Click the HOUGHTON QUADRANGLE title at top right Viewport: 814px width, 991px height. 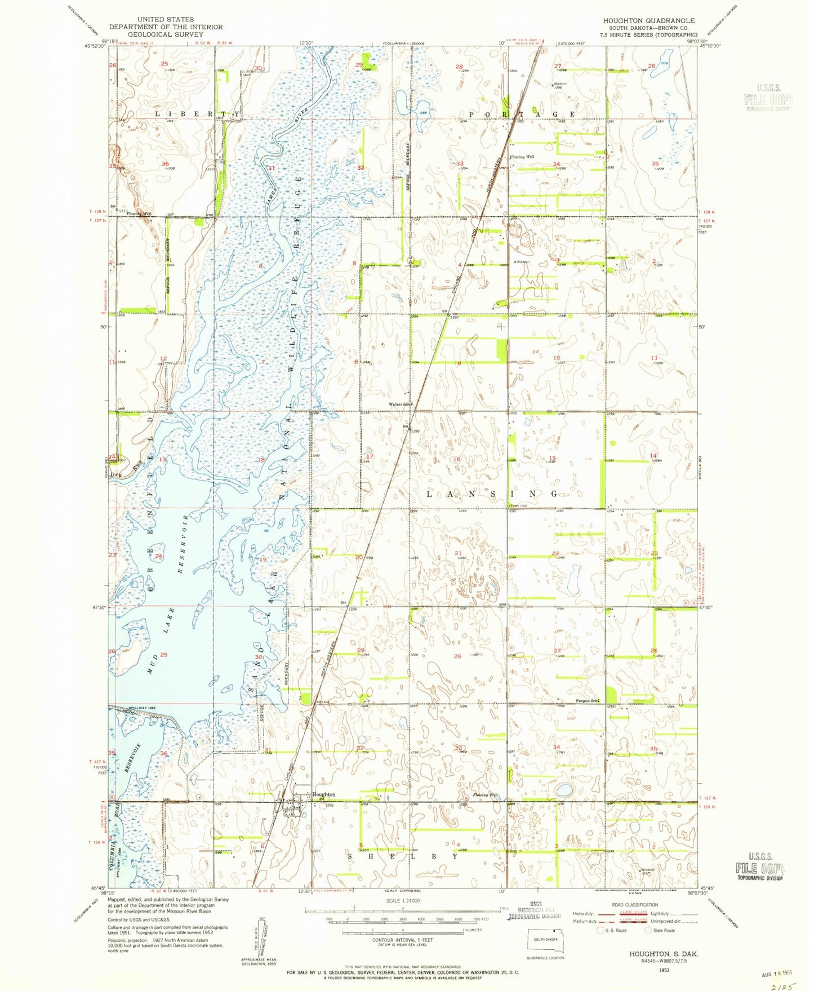(648, 20)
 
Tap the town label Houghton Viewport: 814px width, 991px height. (323, 794)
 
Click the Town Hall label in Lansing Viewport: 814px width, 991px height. (519, 506)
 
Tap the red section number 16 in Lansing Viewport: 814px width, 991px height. (457, 459)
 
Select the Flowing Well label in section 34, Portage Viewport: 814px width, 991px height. (522, 157)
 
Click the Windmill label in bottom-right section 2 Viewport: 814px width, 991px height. (648, 869)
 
